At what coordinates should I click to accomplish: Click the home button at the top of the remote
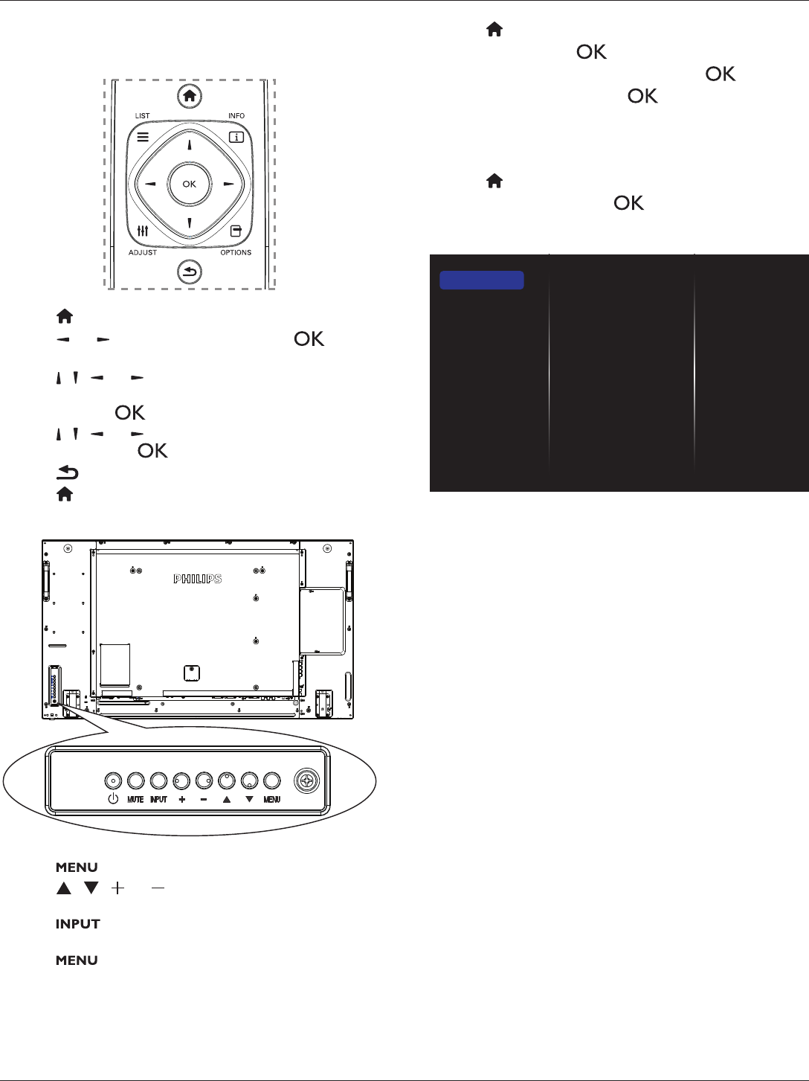(x=190, y=96)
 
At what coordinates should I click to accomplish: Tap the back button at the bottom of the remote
(x=190, y=272)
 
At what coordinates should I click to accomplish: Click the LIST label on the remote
(x=142, y=116)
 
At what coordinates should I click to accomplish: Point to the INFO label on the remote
(x=236, y=116)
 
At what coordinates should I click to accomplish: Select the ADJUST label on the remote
(x=143, y=253)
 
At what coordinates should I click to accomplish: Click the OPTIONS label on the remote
(x=236, y=253)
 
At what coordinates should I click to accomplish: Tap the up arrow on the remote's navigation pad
(x=190, y=144)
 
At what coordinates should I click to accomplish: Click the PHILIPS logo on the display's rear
(x=197, y=579)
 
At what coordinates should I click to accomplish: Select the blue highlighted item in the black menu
(x=482, y=280)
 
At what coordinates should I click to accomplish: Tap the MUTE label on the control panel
(x=135, y=799)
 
